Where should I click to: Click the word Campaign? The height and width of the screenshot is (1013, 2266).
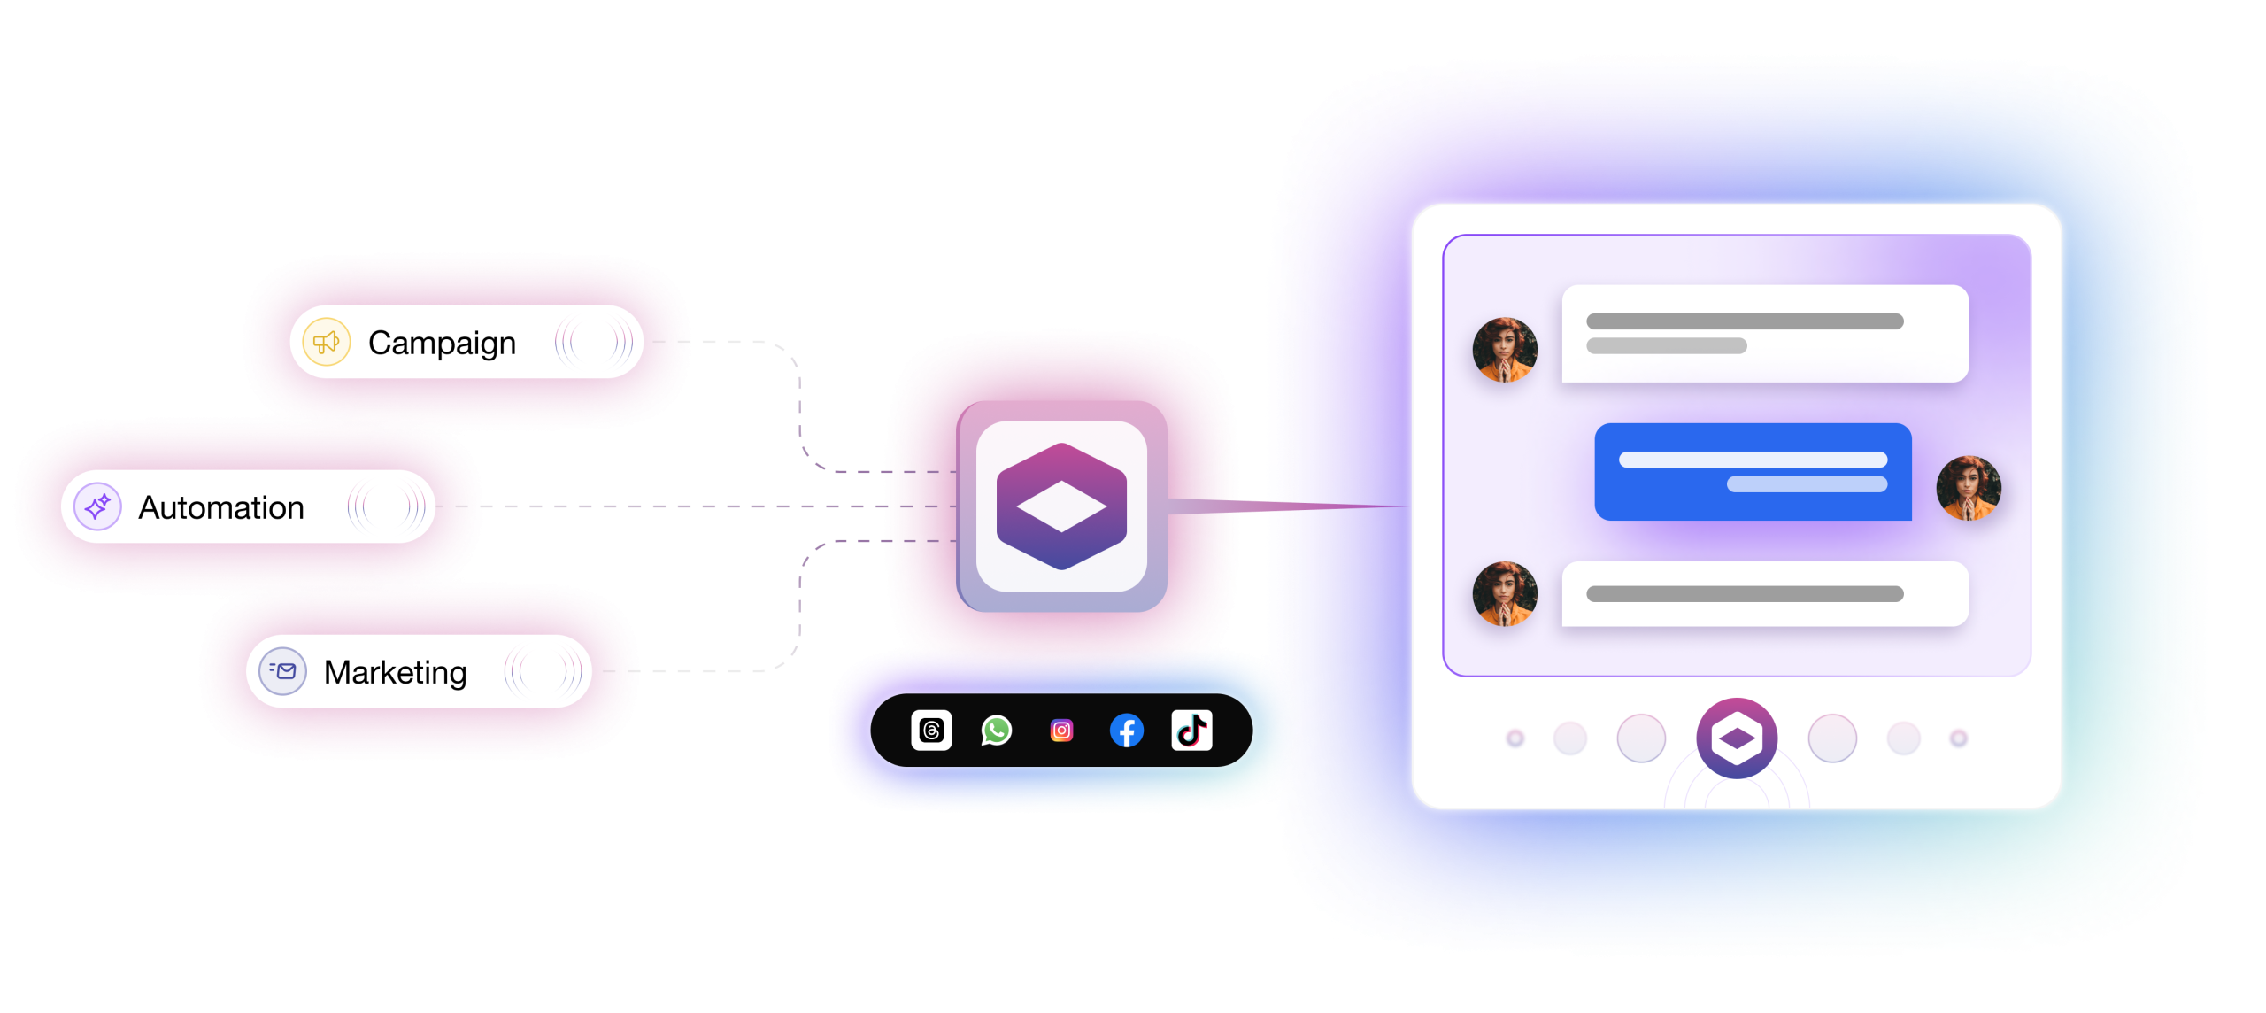point(442,344)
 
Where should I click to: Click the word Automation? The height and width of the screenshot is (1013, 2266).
point(221,507)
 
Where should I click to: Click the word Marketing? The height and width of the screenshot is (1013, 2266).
point(395,673)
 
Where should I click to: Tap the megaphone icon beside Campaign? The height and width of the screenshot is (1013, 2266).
point(327,342)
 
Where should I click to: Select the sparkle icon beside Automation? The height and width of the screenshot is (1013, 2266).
point(97,506)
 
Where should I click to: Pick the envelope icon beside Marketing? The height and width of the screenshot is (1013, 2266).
point(282,671)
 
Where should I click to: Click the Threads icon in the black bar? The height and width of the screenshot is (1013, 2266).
point(931,731)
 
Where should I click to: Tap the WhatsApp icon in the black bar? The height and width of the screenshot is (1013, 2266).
point(997,731)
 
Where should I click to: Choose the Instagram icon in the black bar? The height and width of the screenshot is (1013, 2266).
point(1061,731)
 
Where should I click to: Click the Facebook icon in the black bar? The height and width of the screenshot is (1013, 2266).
point(1127,731)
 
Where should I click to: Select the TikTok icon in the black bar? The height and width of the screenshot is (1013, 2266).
point(1191,731)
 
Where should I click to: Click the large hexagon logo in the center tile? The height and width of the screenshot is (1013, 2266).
point(1061,506)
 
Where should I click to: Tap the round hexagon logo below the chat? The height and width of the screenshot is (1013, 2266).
point(1737,738)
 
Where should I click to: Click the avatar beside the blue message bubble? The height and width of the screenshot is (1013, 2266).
point(1969,488)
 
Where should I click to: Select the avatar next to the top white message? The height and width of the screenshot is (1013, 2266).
point(1505,350)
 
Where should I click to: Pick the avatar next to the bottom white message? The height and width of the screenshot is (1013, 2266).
point(1505,594)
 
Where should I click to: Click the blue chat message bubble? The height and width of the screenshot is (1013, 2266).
point(1753,472)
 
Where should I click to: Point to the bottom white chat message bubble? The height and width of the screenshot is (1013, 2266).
point(1765,594)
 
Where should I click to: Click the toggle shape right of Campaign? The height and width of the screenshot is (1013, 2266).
point(594,342)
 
